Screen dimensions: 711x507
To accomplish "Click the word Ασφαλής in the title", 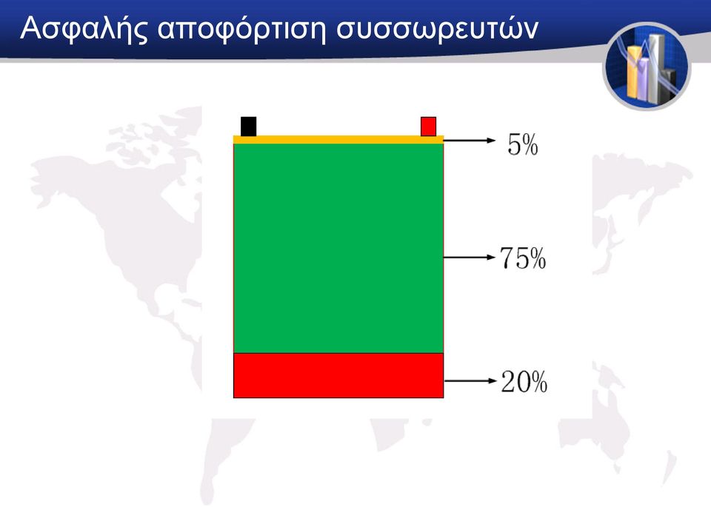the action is pyautogui.click(x=84, y=30).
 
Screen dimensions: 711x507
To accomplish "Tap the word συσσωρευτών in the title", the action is pyautogui.click(x=437, y=28).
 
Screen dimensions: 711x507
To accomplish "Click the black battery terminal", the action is pyautogui.click(x=249, y=127).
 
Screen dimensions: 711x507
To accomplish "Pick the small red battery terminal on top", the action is pyautogui.click(x=429, y=127).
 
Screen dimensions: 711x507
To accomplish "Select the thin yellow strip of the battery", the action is pyautogui.click(x=338, y=140).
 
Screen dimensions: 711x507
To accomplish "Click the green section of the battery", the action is pyautogui.click(x=338, y=248).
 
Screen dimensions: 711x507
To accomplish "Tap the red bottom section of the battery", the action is pyautogui.click(x=338, y=375).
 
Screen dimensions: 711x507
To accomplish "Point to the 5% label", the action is pyautogui.click(x=523, y=145).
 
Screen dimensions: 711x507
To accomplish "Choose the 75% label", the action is pyautogui.click(x=523, y=258).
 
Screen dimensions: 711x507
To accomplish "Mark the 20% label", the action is pyautogui.click(x=524, y=381).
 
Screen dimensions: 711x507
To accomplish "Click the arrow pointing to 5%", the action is pyautogui.click(x=470, y=141).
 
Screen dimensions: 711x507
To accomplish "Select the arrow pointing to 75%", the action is pyautogui.click(x=470, y=258).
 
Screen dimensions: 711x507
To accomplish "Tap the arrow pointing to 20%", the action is pyautogui.click(x=470, y=381).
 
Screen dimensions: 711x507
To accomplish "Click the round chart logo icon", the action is pyautogui.click(x=647, y=67).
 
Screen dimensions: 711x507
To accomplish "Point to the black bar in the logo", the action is pyautogui.click(x=670, y=84).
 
